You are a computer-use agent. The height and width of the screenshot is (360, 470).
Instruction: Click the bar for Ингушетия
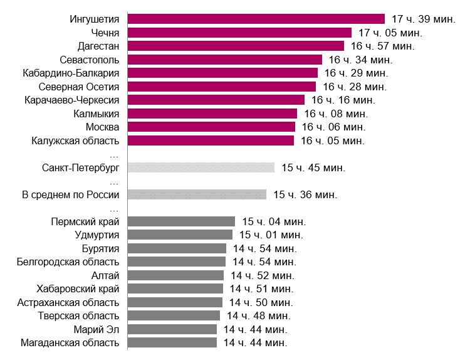tap(256, 19)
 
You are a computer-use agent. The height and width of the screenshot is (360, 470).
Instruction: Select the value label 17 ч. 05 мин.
tap(390, 33)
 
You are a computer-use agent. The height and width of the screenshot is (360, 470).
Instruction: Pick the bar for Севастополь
tap(224, 60)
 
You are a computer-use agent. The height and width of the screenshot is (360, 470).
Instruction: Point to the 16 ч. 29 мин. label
tap(357, 73)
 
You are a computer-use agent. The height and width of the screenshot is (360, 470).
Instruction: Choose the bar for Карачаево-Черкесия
tap(216, 100)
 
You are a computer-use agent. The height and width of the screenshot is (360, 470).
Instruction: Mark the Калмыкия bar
tap(212, 114)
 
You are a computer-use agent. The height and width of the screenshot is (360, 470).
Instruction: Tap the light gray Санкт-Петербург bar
tap(201, 167)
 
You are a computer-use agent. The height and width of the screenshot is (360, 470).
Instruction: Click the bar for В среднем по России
tap(197, 194)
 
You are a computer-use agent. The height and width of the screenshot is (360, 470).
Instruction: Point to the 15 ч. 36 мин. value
tap(305, 194)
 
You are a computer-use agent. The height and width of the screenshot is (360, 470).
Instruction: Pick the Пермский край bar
tap(181, 221)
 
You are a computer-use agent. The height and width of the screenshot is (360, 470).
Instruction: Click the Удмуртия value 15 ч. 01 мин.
tap(271, 235)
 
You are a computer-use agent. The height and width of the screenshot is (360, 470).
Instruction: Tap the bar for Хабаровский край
tap(175, 289)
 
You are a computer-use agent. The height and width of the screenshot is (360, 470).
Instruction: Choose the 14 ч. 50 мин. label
tap(261, 302)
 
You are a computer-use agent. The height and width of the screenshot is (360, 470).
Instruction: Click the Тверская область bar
tap(174, 315)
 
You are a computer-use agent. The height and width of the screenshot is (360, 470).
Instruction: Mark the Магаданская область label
tap(70, 342)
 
